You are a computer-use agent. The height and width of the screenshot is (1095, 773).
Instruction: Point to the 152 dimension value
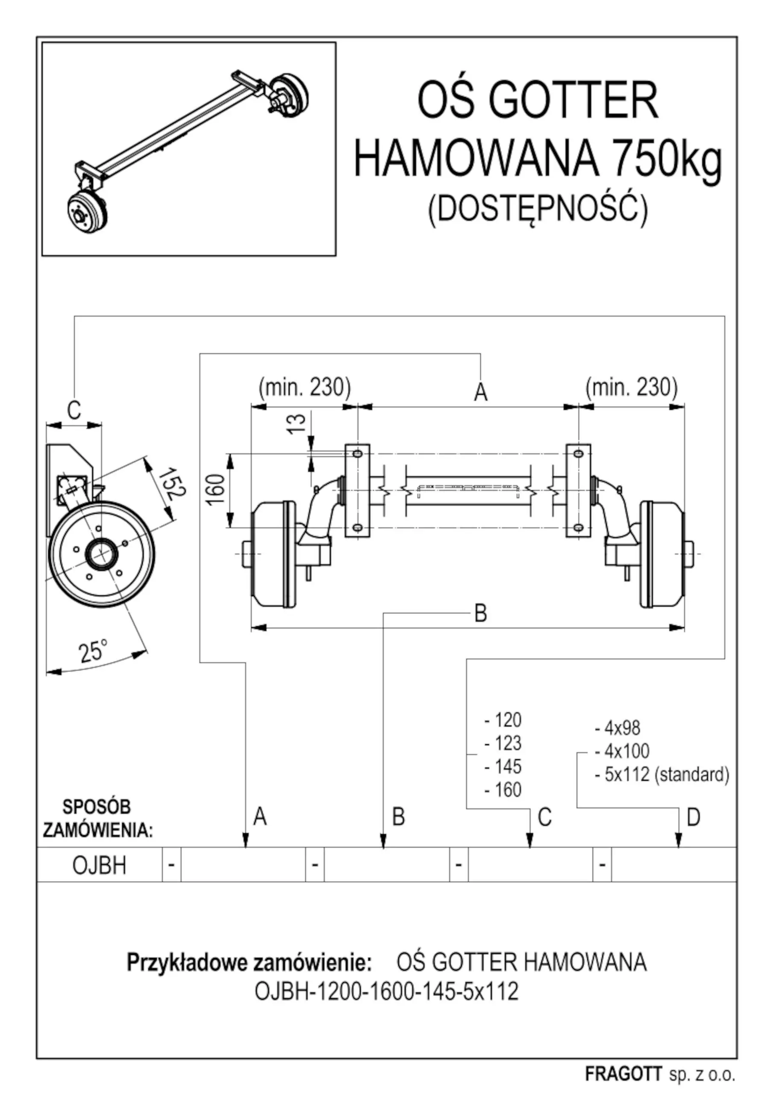pyautogui.click(x=170, y=484)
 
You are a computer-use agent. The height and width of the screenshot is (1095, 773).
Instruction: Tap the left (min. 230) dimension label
pyautogui.click(x=305, y=387)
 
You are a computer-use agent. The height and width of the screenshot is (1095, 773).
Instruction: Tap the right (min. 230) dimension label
pyautogui.click(x=632, y=387)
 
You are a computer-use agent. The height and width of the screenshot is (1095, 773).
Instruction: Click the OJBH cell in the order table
pyautogui.click(x=100, y=866)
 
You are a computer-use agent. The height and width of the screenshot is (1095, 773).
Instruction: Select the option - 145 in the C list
pyautogui.click(x=503, y=767)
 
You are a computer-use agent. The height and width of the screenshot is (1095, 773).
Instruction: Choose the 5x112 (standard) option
pyautogui.click(x=662, y=775)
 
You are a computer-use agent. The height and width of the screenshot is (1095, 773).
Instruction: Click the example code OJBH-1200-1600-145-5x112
pyautogui.click(x=386, y=991)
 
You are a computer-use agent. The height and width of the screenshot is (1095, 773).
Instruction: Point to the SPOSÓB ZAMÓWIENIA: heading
pyautogui.click(x=97, y=818)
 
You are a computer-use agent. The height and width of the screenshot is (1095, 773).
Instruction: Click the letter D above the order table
pyautogui.click(x=694, y=817)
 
